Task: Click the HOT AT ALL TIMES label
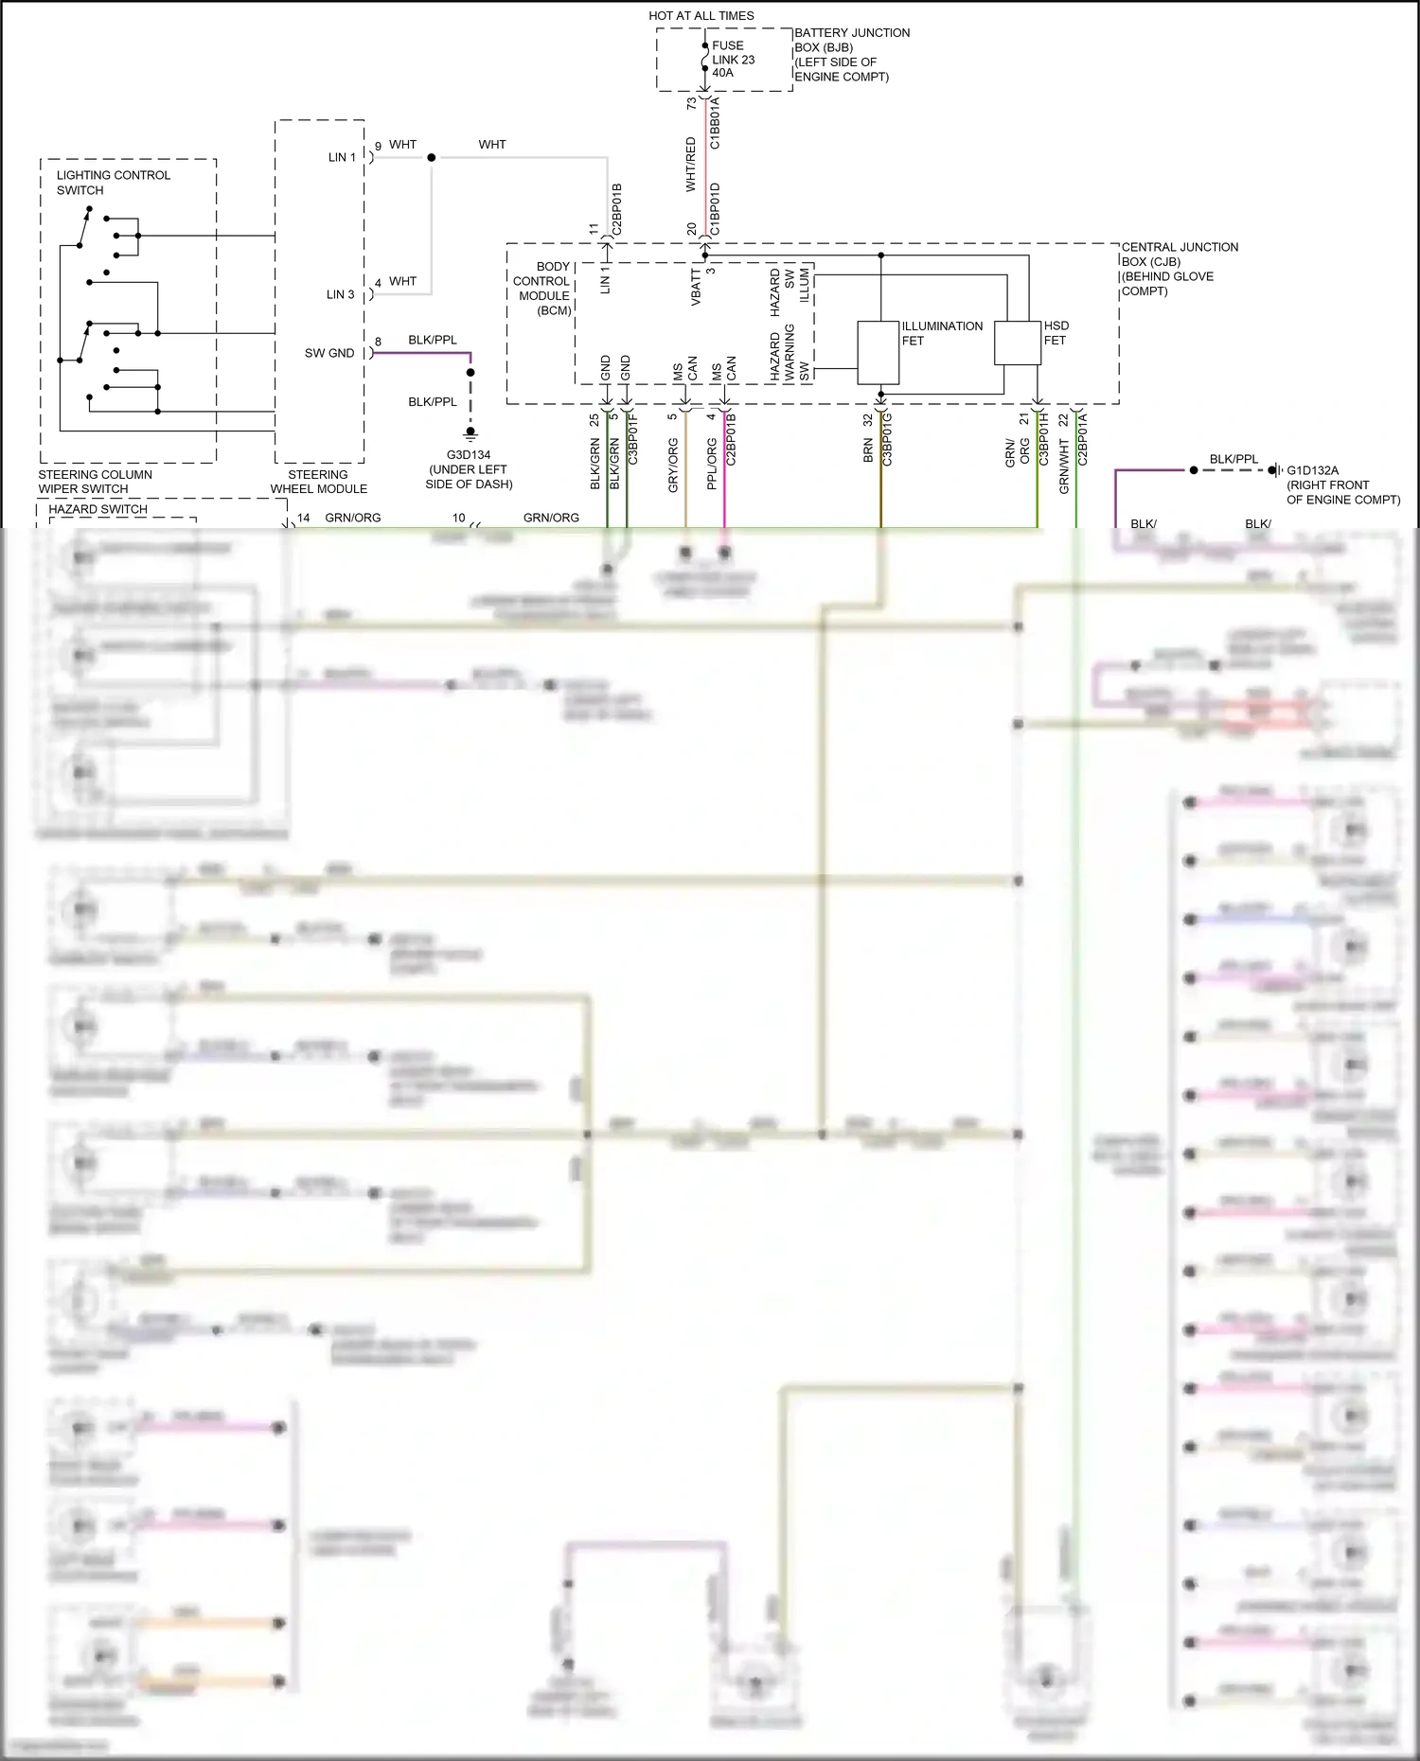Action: coord(701,15)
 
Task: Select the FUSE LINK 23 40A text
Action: coord(733,59)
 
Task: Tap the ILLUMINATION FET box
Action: coord(878,352)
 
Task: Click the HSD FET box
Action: coord(1017,343)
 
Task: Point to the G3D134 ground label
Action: coord(469,455)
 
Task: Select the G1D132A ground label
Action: coord(1312,470)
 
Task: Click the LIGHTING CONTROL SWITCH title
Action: coord(113,183)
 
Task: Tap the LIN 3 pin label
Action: coord(341,294)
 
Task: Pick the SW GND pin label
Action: coord(329,353)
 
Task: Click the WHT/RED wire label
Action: coord(690,164)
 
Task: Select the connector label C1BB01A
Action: coord(715,122)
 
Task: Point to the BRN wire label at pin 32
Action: coord(868,450)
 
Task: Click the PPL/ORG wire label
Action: coord(711,464)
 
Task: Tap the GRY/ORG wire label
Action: coord(673,465)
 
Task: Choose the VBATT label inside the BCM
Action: coord(696,287)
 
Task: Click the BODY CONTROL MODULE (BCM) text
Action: coord(543,289)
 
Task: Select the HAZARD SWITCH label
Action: coord(98,509)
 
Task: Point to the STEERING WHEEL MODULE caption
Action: coord(318,482)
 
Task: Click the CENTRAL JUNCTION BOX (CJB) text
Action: coord(1179,269)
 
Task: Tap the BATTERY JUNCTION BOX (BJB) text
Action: coord(850,54)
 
